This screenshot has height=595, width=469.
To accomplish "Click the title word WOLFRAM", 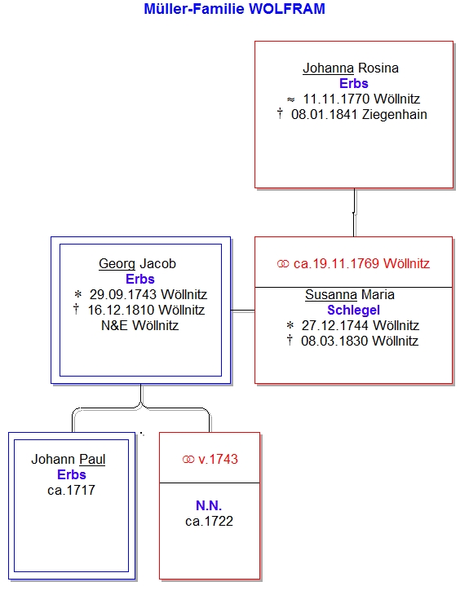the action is (287, 9).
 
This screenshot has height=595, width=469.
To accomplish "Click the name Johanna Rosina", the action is (351, 68).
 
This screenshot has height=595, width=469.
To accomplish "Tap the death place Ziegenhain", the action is (395, 115).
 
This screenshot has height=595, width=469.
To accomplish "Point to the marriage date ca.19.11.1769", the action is (336, 264).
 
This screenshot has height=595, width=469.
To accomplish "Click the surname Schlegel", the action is (353, 310).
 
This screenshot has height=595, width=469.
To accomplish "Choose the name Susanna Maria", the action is (350, 295).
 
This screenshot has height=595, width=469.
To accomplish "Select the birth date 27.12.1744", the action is (335, 325).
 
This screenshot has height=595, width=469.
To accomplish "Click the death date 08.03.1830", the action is (334, 342).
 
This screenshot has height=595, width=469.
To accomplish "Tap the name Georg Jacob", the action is (137, 264).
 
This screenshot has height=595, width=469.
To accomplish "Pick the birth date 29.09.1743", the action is (123, 294).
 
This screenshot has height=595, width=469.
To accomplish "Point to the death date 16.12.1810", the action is (122, 310).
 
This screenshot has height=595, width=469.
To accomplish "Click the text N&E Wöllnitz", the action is (139, 325).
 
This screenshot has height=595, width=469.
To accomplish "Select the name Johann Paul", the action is (69, 460).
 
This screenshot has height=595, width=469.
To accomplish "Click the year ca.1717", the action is (72, 491).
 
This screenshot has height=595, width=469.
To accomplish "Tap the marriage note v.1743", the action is (218, 460).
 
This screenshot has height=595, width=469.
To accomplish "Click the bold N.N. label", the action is (209, 506).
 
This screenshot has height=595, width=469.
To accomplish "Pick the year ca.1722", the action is (210, 522).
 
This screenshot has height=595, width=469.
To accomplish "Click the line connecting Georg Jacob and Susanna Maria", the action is (243, 311).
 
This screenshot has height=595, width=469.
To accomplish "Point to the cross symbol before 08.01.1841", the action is (280, 113).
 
